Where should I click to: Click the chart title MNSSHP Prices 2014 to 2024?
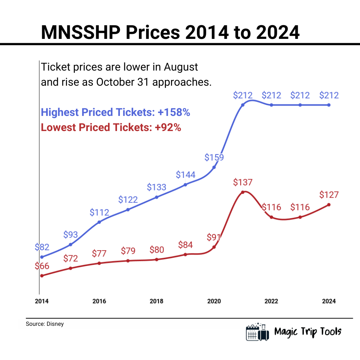[170, 32]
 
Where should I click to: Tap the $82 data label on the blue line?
[42, 247]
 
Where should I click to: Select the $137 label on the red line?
[243, 182]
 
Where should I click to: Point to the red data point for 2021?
[243, 192]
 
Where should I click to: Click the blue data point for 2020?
[214, 167]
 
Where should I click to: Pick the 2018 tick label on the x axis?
[157, 301]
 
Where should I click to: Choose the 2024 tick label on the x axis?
[329, 301]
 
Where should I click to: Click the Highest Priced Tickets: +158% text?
[115, 112]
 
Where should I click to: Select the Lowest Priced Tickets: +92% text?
[111, 127]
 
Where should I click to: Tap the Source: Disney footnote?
[45, 324]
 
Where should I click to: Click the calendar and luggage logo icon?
[257, 332]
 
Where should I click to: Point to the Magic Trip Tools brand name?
[308, 332]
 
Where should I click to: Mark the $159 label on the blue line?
[214, 157]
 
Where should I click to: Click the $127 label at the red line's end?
[329, 195]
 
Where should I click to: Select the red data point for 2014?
[42, 276]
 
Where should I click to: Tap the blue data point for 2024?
[329, 105]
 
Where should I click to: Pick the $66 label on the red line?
[42, 266]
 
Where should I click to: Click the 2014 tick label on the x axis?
[42, 301]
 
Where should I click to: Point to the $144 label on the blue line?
[185, 175]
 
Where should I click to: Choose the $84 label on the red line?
[185, 245]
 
